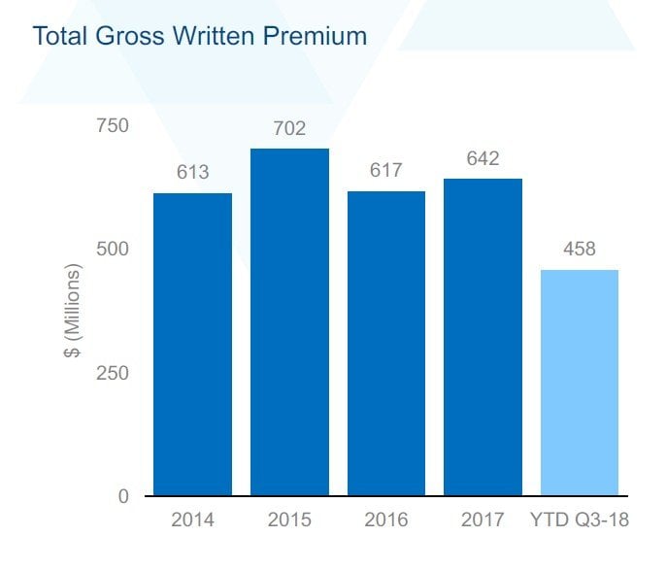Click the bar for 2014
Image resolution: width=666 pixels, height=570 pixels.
pyautogui.click(x=192, y=345)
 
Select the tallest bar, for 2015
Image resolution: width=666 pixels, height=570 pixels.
pyautogui.click(x=289, y=322)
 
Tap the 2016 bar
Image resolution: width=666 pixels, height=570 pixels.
pyautogui.click(x=386, y=344)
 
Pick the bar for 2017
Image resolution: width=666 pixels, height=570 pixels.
pyautogui.click(x=483, y=337)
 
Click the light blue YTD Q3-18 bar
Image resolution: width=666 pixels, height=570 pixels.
pyautogui.click(x=580, y=383)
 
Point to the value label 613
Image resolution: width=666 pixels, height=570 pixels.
pyautogui.click(x=192, y=173)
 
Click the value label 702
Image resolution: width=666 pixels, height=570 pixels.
pyautogui.click(x=289, y=128)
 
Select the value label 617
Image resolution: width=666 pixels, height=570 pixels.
pyautogui.click(x=386, y=171)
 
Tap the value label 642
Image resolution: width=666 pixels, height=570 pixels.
pyautogui.click(x=483, y=158)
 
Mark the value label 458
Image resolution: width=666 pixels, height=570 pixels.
pyautogui.click(x=580, y=250)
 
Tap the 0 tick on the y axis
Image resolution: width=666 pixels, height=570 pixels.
pyautogui.click(x=122, y=496)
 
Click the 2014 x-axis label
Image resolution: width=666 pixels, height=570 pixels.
pyautogui.click(x=192, y=520)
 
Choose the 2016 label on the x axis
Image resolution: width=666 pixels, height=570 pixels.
pyautogui.click(x=386, y=520)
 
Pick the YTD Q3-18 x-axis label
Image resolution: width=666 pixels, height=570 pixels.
pyautogui.click(x=580, y=520)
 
